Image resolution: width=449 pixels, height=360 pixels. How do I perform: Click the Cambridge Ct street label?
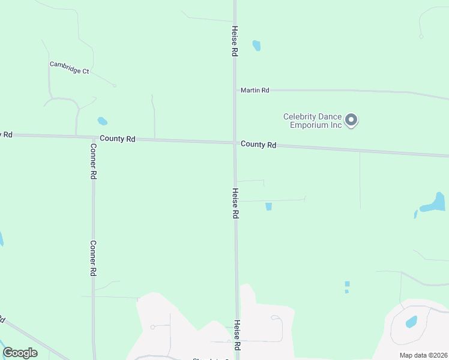click(69, 67)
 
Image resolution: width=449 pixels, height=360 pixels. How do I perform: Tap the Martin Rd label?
click(255, 90)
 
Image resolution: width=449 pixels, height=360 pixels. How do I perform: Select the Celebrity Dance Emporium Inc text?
click(312, 121)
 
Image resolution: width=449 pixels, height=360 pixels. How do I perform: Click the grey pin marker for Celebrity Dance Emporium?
click(352, 120)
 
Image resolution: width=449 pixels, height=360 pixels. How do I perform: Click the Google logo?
click(20, 353)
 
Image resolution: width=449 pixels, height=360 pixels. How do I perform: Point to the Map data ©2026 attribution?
click(423, 355)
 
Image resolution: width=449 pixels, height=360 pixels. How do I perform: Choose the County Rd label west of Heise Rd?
click(118, 139)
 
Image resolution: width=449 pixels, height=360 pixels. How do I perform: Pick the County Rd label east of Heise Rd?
click(258, 145)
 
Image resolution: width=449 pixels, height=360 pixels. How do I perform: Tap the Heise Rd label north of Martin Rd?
click(235, 41)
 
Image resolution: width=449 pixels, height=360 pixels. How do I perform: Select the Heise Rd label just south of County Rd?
click(235, 203)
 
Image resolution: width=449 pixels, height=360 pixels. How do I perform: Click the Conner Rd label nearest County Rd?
click(94, 161)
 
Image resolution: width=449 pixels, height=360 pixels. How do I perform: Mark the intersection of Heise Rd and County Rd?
click(235, 143)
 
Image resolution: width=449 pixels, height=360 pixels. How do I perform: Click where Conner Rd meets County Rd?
click(92, 137)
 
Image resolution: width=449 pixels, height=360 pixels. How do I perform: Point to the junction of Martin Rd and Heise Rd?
click(235, 90)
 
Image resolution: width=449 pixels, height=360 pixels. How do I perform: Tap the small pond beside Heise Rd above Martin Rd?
click(257, 46)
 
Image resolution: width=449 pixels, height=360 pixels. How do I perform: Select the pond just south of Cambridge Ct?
click(103, 121)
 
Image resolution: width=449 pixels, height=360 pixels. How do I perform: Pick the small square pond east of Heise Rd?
click(268, 206)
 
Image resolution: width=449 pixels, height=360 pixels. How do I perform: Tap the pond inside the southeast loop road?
click(412, 322)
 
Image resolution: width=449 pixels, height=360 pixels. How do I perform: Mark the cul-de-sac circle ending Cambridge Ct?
click(114, 85)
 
